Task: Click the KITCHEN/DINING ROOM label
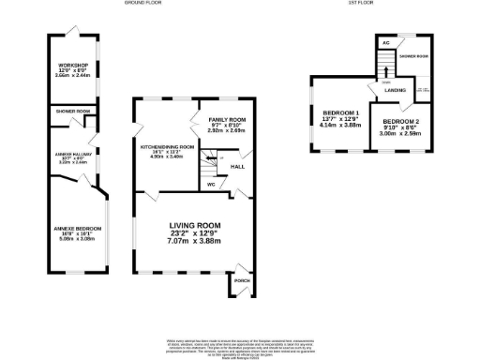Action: click(167, 147)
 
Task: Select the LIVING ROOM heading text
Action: click(194, 226)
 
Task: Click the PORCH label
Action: click(241, 279)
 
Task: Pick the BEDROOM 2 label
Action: click(400, 122)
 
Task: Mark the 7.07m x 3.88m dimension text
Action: click(194, 243)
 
